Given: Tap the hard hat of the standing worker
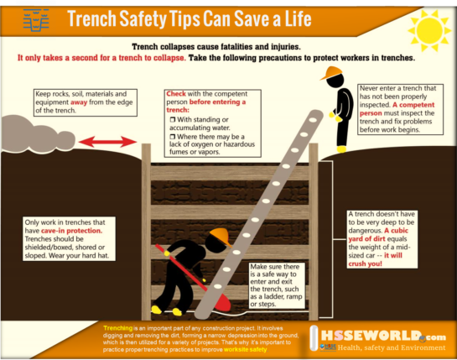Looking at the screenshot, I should (x=332, y=72).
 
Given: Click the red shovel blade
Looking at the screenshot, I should (x=219, y=298).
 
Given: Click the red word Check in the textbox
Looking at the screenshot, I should (x=176, y=93).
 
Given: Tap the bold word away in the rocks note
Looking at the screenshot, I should (x=94, y=102).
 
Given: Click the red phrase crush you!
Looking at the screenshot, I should (x=383, y=263).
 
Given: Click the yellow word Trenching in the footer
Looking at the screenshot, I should (x=117, y=326).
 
